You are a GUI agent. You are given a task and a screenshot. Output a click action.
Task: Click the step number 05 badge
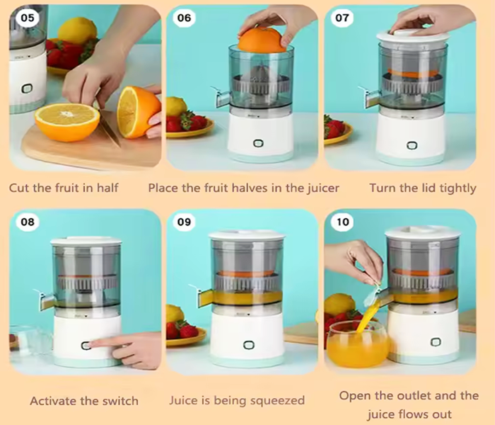click(28, 18)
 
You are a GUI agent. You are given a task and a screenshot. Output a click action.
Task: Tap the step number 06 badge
click(185, 18)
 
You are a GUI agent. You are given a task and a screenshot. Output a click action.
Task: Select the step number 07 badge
click(342, 18)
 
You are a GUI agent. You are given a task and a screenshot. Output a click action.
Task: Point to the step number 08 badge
click(28, 222)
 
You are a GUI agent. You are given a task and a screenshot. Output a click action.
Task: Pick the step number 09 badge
click(185, 222)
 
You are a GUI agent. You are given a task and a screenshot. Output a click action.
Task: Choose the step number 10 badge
click(342, 222)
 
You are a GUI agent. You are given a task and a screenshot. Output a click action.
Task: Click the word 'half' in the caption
click(107, 188)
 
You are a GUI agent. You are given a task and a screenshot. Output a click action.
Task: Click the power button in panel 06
click(258, 144)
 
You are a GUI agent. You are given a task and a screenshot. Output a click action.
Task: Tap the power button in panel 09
click(248, 345)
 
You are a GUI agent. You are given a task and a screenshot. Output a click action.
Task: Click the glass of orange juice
click(357, 345)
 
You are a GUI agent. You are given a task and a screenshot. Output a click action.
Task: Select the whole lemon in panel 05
click(77, 30)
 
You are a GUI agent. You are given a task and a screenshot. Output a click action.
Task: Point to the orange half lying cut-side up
click(67, 122)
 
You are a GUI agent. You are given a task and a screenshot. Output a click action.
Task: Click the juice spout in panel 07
click(371, 97)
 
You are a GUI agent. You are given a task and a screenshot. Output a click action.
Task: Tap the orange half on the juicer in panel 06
click(262, 40)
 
